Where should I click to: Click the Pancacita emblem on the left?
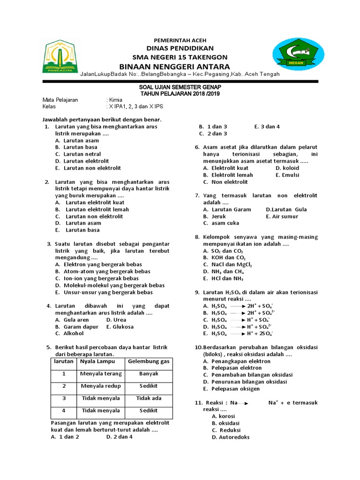59,56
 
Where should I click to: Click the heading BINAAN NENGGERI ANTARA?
174,66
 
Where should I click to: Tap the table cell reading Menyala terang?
101,374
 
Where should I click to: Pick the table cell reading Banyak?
149,374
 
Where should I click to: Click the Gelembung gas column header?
149,361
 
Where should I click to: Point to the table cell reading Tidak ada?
149,398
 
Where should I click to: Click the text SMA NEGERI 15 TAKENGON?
174,57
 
